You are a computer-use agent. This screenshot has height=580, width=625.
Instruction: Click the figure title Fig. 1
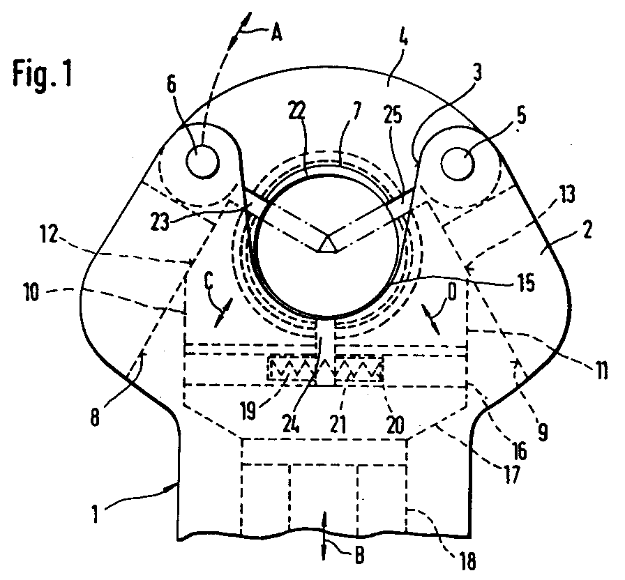click(41, 74)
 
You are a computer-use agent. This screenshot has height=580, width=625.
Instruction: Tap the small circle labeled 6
click(202, 160)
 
